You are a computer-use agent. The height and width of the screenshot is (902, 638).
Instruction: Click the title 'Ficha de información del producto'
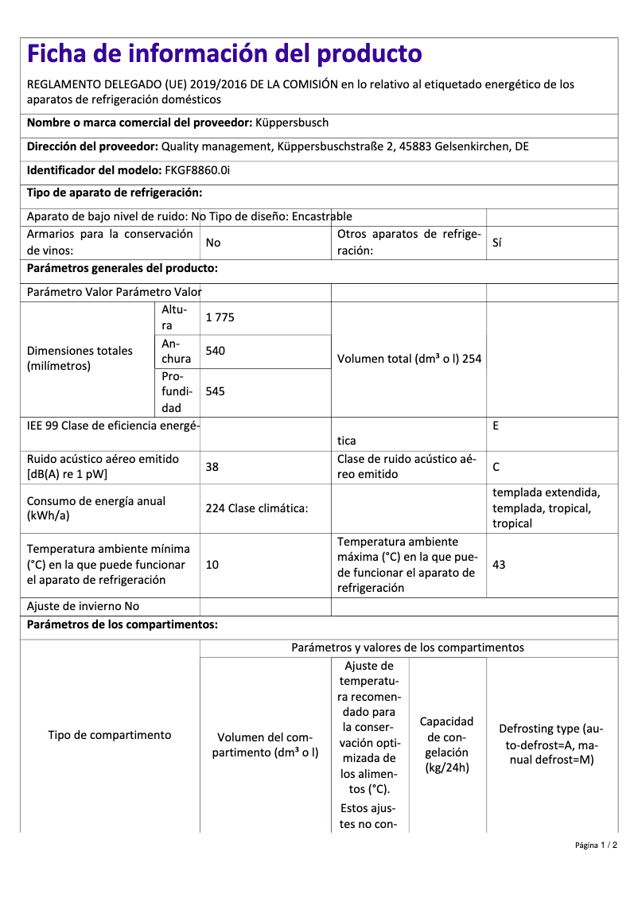(x=224, y=54)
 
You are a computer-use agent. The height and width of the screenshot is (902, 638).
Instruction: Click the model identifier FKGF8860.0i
(x=197, y=170)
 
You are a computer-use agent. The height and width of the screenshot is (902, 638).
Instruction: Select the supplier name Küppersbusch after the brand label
(x=292, y=122)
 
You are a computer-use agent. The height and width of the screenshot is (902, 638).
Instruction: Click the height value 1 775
(x=220, y=317)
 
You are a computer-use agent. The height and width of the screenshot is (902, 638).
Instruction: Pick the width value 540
(x=216, y=350)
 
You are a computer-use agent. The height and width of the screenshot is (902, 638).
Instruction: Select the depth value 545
(x=216, y=391)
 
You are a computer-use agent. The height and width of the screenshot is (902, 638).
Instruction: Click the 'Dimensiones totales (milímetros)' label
(x=80, y=359)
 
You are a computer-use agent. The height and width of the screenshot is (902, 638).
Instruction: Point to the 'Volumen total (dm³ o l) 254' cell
(x=409, y=359)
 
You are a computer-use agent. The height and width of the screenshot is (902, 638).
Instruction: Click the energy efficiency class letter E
(x=496, y=426)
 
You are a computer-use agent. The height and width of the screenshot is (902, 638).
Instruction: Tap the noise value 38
(x=212, y=467)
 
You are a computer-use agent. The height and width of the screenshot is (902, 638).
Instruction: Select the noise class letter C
(x=496, y=467)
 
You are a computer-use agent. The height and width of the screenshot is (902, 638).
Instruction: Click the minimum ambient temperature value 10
(x=212, y=565)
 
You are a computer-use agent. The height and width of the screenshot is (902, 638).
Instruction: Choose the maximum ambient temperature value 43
(x=499, y=565)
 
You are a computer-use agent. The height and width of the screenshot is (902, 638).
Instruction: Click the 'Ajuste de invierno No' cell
(x=83, y=606)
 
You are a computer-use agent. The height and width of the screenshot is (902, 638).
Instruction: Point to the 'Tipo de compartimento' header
(x=110, y=735)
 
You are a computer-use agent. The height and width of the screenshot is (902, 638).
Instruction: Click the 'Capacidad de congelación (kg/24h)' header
(x=446, y=745)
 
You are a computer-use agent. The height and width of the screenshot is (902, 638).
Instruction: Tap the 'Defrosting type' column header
(x=551, y=745)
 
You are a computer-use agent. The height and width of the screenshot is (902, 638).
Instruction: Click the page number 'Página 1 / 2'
(x=596, y=845)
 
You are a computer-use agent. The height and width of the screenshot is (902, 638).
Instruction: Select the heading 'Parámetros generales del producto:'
(x=123, y=268)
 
